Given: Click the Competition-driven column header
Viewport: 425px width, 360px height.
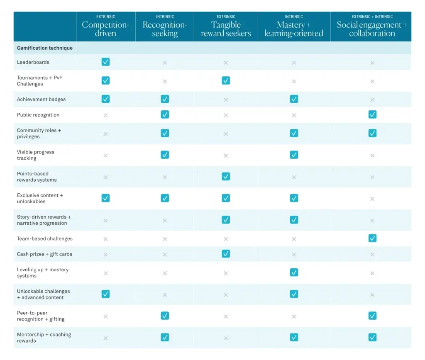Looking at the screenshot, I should (x=105, y=29).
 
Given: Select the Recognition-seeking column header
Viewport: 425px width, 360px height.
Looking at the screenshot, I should (x=165, y=29).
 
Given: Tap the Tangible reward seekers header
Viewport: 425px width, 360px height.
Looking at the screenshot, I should (x=226, y=29).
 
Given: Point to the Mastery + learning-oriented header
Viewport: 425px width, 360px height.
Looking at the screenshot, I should (x=294, y=29).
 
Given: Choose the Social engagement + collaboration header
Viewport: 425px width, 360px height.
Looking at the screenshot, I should (x=372, y=29).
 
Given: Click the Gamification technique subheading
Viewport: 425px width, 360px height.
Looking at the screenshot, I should (x=45, y=48).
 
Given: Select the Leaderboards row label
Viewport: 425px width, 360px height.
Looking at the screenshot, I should (x=33, y=62).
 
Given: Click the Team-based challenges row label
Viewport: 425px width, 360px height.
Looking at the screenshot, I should (x=45, y=239).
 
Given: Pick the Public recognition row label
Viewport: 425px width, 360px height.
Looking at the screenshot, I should (x=38, y=115).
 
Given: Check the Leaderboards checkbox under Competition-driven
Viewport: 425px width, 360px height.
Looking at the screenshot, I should (x=105, y=62).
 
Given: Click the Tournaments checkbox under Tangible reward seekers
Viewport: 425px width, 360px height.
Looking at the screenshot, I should (x=226, y=80).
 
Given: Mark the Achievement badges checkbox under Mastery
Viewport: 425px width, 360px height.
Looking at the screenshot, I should (x=294, y=99).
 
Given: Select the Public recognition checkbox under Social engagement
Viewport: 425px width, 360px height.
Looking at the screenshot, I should (x=372, y=114).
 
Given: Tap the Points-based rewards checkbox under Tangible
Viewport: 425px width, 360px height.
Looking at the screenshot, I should (x=226, y=177).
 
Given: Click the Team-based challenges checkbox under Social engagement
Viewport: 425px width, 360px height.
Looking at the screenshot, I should (x=372, y=238).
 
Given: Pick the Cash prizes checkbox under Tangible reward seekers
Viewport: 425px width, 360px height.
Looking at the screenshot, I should (x=226, y=254).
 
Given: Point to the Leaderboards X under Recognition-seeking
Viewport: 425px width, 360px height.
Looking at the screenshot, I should (x=165, y=63).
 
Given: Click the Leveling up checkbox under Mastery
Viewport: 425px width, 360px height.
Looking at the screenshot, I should (x=294, y=272).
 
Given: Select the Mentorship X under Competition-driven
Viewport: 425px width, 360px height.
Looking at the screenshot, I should (x=105, y=338).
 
